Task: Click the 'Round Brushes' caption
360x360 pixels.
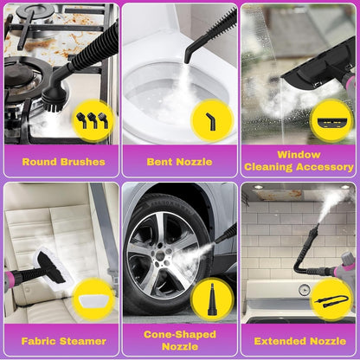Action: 63,162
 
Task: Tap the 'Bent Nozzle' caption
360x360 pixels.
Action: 179,162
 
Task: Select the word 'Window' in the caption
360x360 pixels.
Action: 299,155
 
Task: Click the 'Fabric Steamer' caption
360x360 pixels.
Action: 63,341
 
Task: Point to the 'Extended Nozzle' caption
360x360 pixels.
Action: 300,341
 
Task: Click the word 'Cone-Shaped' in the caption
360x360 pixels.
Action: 180,334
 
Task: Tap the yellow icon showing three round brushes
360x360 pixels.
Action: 93,120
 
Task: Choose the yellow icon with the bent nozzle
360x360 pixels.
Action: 212,120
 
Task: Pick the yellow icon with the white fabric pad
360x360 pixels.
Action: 93,300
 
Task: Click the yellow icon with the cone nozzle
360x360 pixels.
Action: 212,300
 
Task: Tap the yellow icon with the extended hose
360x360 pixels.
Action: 331,300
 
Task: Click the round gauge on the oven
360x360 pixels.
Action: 305,290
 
